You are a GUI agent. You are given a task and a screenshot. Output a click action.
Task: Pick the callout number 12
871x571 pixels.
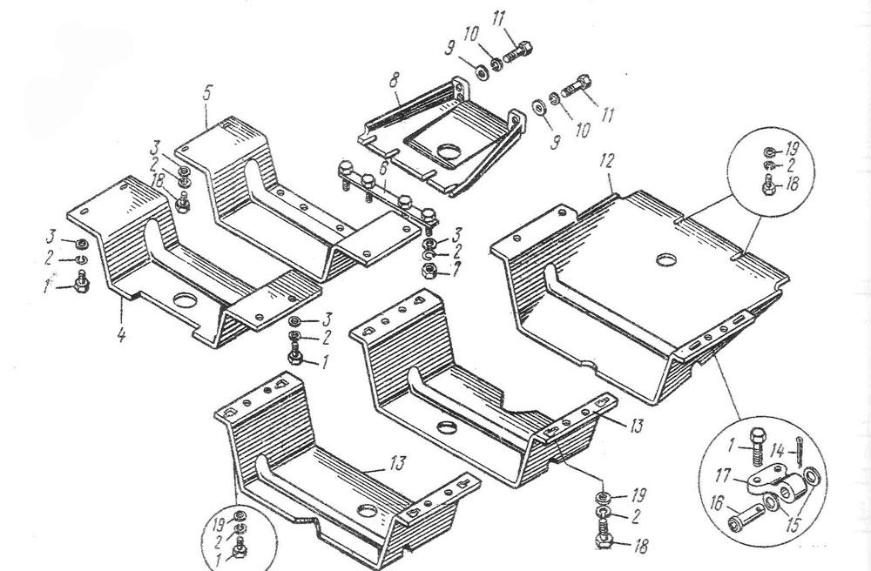(x=607, y=161)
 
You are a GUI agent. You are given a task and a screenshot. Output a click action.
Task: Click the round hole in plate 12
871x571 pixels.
(x=665, y=259)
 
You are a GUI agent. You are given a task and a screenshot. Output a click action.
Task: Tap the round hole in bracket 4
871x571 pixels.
(x=185, y=301)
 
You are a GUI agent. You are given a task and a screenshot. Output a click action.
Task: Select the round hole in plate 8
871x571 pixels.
(x=448, y=154)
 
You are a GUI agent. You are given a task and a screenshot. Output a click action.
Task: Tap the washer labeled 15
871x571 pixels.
(x=812, y=480)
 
